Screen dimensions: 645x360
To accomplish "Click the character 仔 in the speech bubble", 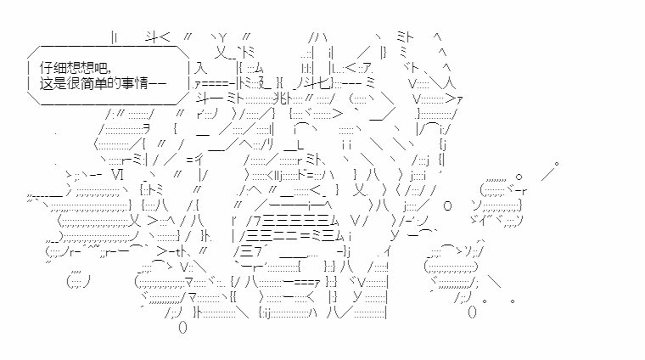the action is (x=47, y=67).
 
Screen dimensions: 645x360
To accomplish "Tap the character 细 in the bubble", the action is (x=60, y=67).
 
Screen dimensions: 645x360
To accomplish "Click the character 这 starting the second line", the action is (x=47, y=83).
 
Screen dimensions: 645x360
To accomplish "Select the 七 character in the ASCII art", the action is (x=323, y=83).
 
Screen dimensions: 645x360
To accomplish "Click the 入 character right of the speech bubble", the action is (x=200, y=67).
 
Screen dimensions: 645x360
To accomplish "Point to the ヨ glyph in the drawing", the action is (x=146, y=130).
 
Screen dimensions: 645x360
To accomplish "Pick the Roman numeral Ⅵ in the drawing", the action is (x=117, y=174).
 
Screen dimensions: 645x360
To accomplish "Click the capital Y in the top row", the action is (x=222, y=39).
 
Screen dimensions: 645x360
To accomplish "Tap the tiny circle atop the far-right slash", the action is (x=557, y=164).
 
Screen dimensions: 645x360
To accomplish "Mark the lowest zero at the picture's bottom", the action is (x=183, y=328).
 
